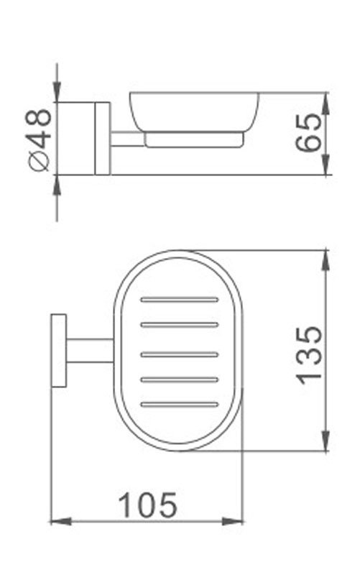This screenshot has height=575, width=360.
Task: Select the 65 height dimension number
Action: pyautogui.click(x=308, y=134)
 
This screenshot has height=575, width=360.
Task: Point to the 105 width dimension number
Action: pyautogui.click(x=147, y=505)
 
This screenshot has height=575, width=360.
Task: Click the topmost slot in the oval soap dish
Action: pyautogui.click(x=180, y=299)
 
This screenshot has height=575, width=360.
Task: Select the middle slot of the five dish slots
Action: pyautogui.click(x=180, y=353)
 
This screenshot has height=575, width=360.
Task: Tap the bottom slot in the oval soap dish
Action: pyautogui.click(x=180, y=404)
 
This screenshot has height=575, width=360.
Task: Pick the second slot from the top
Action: pyautogui.click(x=180, y=325)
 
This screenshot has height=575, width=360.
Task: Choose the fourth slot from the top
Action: pyautogui.click(x=180, y=379)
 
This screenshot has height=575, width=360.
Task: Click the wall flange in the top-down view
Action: pyautogui.click(x=58, y=350)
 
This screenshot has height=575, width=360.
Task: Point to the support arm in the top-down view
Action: pyautogui.click(x=90, y=350)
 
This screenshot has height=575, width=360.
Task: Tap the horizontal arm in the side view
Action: pyautogui.click(x=127, y=139)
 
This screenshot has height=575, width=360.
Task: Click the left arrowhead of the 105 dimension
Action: pyautogui.click(x=57, y=520)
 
